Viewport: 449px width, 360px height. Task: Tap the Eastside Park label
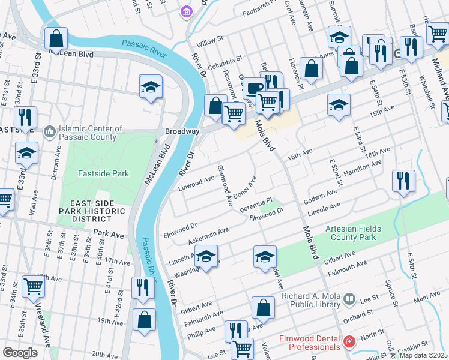coord(104,174)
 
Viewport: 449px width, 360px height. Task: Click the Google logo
coord(20,353)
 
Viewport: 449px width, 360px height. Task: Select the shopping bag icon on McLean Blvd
coord(56,39)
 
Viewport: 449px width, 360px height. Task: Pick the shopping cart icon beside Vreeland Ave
coord(33,287)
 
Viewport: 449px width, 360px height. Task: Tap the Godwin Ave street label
coord(320,195)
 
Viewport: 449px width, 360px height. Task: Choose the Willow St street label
coord(210,43)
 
